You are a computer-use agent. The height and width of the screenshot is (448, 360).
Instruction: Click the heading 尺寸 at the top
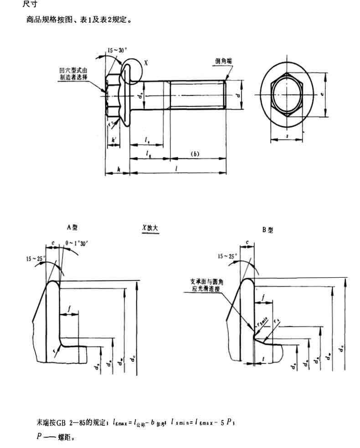[29, 4]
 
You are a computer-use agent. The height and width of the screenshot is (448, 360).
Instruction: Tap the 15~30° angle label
[118, 51]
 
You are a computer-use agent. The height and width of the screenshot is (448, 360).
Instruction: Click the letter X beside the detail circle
[146, 63]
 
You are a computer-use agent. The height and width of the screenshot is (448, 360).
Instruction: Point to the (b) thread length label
[195, 154]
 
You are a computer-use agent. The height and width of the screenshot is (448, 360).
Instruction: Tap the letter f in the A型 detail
[69, 309]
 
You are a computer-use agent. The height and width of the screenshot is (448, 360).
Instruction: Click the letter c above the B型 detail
[247, 242]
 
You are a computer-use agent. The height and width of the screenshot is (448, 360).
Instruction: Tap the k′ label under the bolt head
[113, 139]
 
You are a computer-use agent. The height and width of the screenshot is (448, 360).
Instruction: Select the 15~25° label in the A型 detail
[36, 259]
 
